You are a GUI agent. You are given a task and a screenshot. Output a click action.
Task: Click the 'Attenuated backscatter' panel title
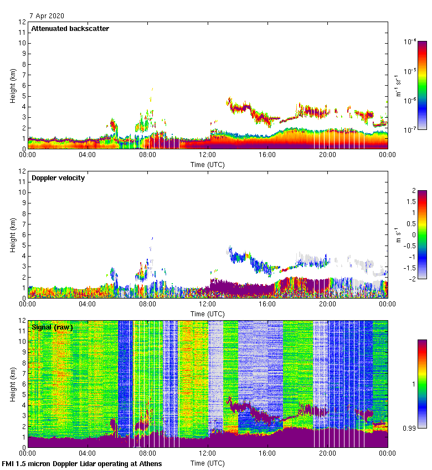[70, 28]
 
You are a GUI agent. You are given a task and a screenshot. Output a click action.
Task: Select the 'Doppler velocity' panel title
[58, 177]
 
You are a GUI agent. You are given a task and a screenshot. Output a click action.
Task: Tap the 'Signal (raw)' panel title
[52, 327]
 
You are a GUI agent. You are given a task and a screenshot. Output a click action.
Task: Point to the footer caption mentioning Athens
[82, 463]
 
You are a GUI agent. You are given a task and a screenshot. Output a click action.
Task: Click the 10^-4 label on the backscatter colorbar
[410, 41]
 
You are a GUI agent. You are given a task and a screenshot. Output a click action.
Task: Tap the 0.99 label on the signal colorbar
[412, 427]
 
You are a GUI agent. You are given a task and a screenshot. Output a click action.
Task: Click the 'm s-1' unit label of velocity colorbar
[399, 234]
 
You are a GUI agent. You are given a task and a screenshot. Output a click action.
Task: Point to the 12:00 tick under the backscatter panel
[208, 154]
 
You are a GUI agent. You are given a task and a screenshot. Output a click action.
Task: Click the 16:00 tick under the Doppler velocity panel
[268, 304]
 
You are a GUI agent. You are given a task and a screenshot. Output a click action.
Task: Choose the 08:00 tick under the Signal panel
[148, 453]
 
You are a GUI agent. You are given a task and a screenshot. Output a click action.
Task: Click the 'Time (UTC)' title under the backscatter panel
[208, 164]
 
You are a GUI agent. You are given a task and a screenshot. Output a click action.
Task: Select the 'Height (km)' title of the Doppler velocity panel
[13, 234]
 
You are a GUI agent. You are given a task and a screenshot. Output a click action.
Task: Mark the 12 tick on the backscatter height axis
[22, 22]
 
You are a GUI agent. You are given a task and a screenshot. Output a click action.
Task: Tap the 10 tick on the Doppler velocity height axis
[22, 192]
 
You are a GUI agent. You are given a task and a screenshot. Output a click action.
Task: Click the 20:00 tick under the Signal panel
[327, 453]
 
